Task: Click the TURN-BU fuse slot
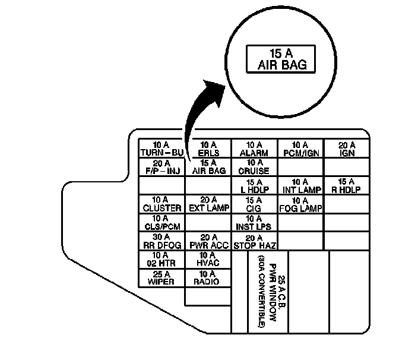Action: tap(161, 149)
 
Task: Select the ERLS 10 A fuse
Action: tap(208, 149)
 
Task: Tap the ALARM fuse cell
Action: tap(254, 149)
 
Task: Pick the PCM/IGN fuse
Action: tap(300, 149)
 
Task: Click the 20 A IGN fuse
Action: tap(347, 149)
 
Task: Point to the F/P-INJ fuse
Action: tap(161, 167)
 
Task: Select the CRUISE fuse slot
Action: tap(254, 167)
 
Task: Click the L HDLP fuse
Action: tap(254, 185)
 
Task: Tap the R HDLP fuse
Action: tap(347, 185)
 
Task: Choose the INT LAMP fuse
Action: tap(300, 185)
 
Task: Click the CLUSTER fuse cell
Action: tap(161, 204)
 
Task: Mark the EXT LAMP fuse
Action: tap(208, 204)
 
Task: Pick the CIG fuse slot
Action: tap(254, 204)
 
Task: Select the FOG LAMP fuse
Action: tap(300, 204)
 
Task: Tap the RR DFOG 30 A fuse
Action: tap(161, 241)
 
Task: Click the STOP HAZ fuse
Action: tap(254, 241)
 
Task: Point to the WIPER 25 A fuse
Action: tap(161, 277)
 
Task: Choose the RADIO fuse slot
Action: tap(208, 277)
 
